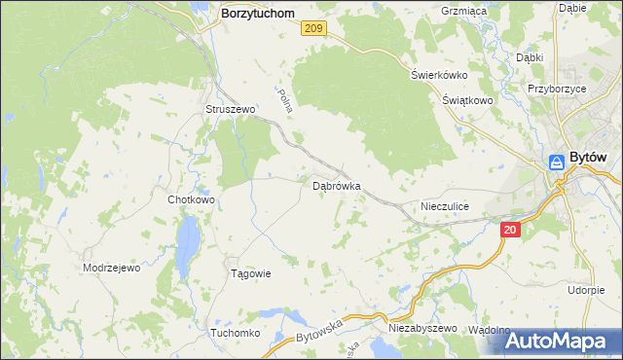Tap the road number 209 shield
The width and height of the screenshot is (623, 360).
pos(312,30)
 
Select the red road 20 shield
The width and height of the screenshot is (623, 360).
pos(511,230)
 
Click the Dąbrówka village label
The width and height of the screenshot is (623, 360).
pos(337,184)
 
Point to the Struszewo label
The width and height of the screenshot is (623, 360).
pos(229,110)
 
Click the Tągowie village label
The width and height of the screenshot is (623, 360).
pos(249,273)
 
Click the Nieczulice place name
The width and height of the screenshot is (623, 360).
pos(445,206)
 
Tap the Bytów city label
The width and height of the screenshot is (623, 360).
pos(588,158)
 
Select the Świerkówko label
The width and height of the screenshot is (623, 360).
pos(440,75)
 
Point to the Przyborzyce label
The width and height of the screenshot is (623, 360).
pos(556,87)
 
